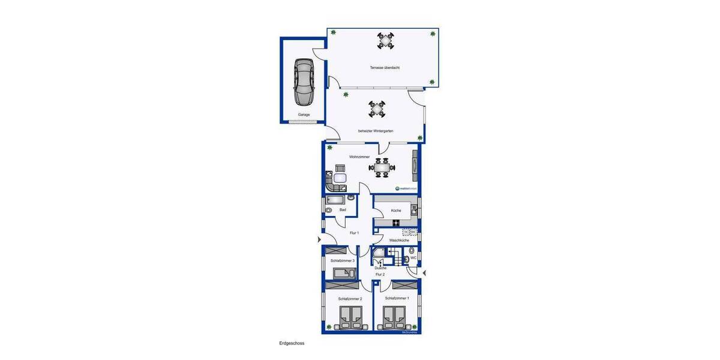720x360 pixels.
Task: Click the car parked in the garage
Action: click(x=304, y=82)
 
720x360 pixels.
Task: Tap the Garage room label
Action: click(x=304, y=114)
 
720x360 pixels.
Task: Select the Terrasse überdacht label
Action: click(x=385, y=68)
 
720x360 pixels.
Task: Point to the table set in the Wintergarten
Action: click(x=377, y=109)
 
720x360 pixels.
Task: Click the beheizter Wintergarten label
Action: click(x=376, y=131)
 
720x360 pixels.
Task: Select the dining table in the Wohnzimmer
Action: click(x=382, y=167)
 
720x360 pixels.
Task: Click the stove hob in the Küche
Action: click(x=396, y=223)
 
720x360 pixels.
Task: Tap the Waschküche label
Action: click(x=399, y=240)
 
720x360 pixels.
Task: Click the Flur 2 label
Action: click(x=380, y=274)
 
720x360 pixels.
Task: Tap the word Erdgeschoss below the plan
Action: click(x=292, y=343)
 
